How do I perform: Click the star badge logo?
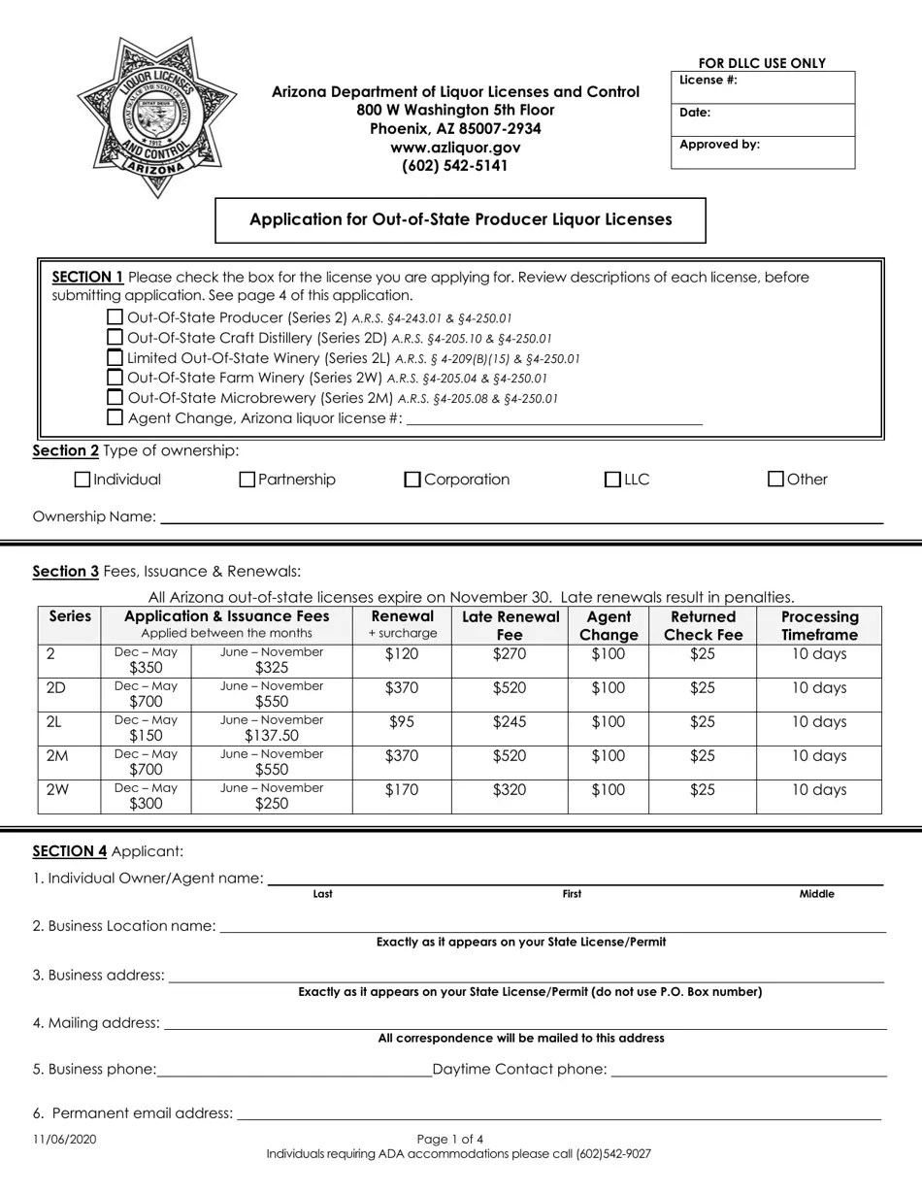(x=149, y=117)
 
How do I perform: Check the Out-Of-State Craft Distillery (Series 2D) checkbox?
(x=115, y=338)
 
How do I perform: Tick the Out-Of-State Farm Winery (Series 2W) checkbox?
(x=115, y=378)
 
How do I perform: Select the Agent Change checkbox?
(x=115, y=418)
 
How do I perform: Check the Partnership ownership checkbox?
(x=247, y=480)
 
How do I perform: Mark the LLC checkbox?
(x=612, y=480)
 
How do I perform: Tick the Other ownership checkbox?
(x=775, y=479)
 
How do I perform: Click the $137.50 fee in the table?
(x=271, y=736)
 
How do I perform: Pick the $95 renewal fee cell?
(x=401, y=722)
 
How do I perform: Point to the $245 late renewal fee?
(x=509, y=722)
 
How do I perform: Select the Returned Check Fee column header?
(x=703, y=626)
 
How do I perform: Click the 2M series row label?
(x=56, y=756)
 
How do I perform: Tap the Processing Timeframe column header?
(x=819, y=626)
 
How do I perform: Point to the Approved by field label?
(x=719, y=145)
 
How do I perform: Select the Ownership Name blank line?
(x=521, y=516)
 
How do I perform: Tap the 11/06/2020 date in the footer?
(x=64, y=1140)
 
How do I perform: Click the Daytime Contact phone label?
(x=519, y=1070)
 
